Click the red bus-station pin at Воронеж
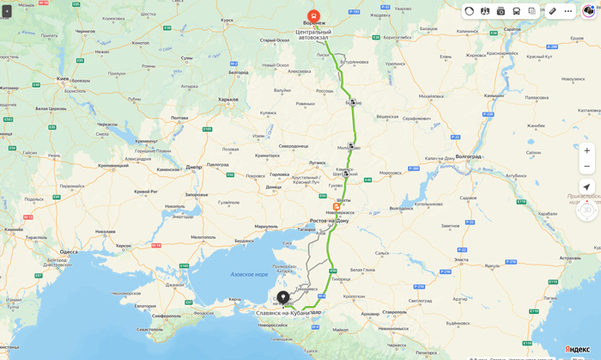pyautogui.click(x=313, y=17)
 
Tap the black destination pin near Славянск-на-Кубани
pyautogui.click(x=282, y=297)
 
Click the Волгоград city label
pyautogui.click(x=468, y=156)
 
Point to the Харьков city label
pyautogui.click(x=228, y=99)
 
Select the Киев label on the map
pyautogui.click(x=63, y=78)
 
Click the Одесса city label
pyautogui.click(x=68, y=252)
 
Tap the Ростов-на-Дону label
pyautogui.click(x=329, y=221)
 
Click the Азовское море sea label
pyautogui.click(x=249, y=274)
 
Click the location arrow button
pyautogui.click(x=586, y=187)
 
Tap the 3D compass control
pyautogui.click(x=587, y=210)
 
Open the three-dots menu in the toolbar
pyautogui.click(x=568, y=11)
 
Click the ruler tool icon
pyautogui.click(x=553, y=11)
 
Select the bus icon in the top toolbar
pyautogui.click(x=516, y=11)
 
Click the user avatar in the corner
pyautogui.click(x=588, y=11)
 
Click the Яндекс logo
pyautogui.click(x=577, y=350)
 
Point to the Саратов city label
pyautogui.click(x=513, y=29)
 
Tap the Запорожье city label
pyautogui.click(x=197, y=194)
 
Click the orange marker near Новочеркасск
pyautogui.click(x=337, y=206)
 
